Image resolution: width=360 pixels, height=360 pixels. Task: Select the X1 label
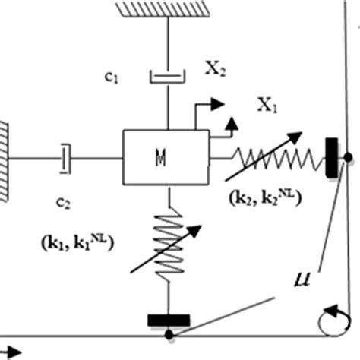pos(266,107)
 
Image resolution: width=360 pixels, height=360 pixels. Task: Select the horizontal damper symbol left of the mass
pos(67,157)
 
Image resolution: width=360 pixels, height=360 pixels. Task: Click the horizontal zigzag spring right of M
pos(269,157)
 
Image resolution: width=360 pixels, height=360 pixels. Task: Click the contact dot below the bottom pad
pos(169,334)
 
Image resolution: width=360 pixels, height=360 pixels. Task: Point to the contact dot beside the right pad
pos(347,157)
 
